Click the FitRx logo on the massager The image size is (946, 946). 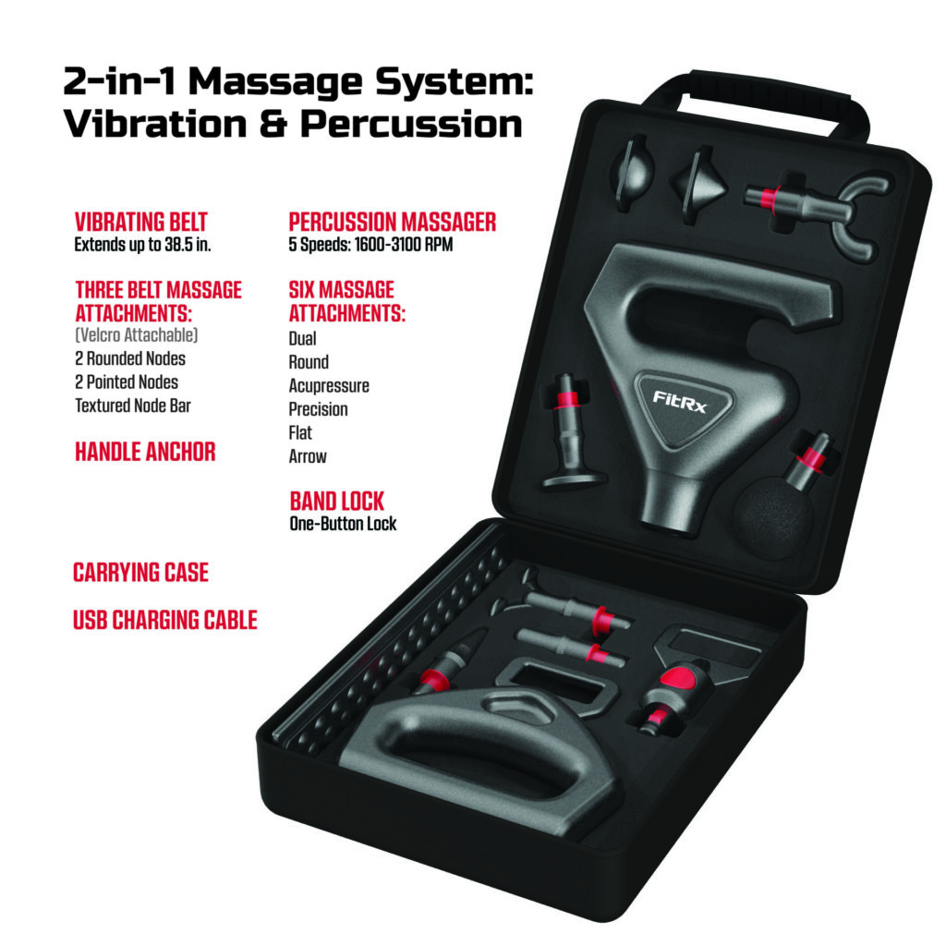679,401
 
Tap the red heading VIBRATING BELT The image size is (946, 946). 141,222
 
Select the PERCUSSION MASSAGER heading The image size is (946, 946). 392,222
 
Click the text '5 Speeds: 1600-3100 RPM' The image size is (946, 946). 370,245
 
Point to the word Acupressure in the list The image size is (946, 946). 329,385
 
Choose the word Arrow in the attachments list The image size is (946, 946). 308,456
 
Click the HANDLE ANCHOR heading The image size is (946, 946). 145,452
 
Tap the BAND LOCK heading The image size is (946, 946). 336,502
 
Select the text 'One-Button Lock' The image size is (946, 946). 343,524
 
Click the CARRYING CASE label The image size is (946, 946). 140,573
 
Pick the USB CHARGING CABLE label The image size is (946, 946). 164,620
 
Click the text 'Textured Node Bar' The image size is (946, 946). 133,406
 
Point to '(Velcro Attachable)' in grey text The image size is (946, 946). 137,334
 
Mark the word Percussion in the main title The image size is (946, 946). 411,125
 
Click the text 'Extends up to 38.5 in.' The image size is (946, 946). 142,245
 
